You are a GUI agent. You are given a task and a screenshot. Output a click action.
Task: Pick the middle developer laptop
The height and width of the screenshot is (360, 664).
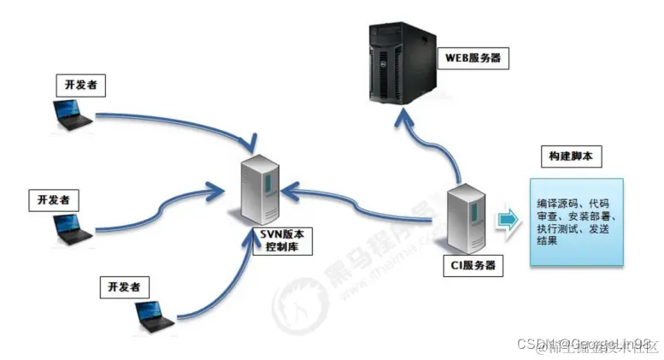click(71, 227)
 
